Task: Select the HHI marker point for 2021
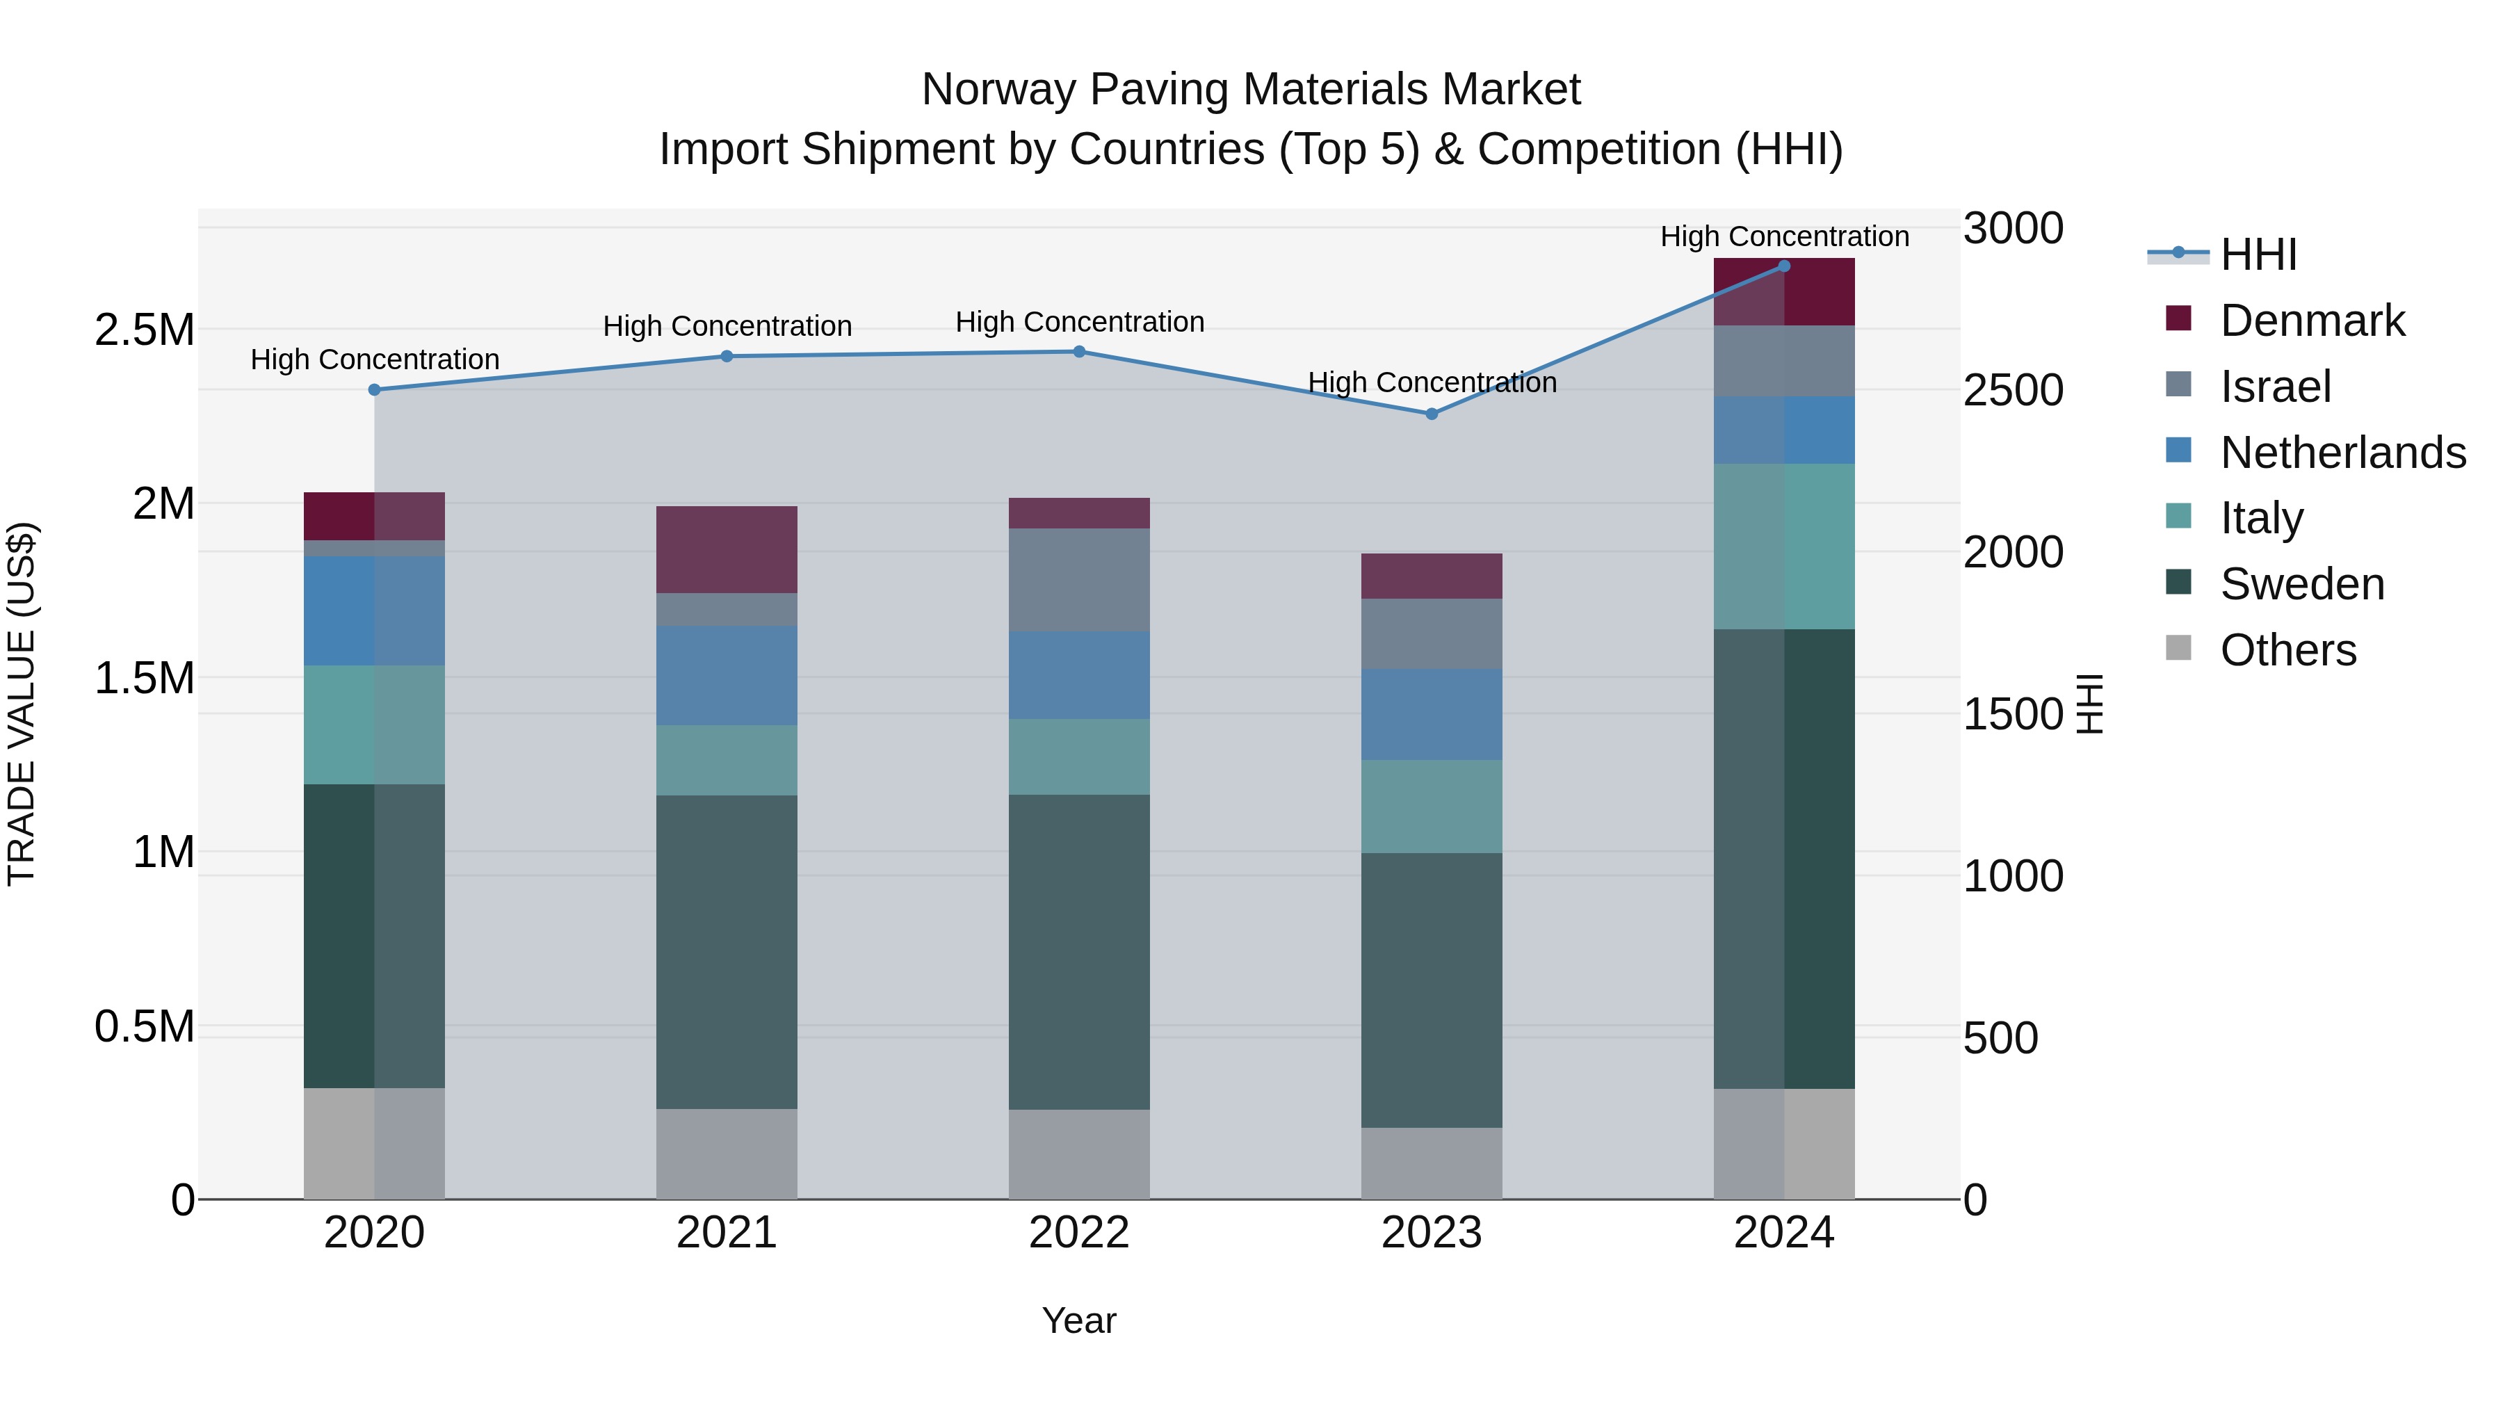726,357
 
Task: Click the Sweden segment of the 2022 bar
1078,953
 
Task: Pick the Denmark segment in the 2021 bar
726,550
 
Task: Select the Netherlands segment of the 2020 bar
374,611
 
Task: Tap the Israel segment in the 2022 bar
1078,580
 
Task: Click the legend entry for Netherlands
2342,453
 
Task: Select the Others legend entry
2287,650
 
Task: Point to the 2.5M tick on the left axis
144,330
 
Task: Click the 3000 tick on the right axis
2012,229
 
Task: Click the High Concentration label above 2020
374,359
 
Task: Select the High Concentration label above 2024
1784,237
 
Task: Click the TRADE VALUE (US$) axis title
22,704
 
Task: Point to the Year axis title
1078,1320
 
